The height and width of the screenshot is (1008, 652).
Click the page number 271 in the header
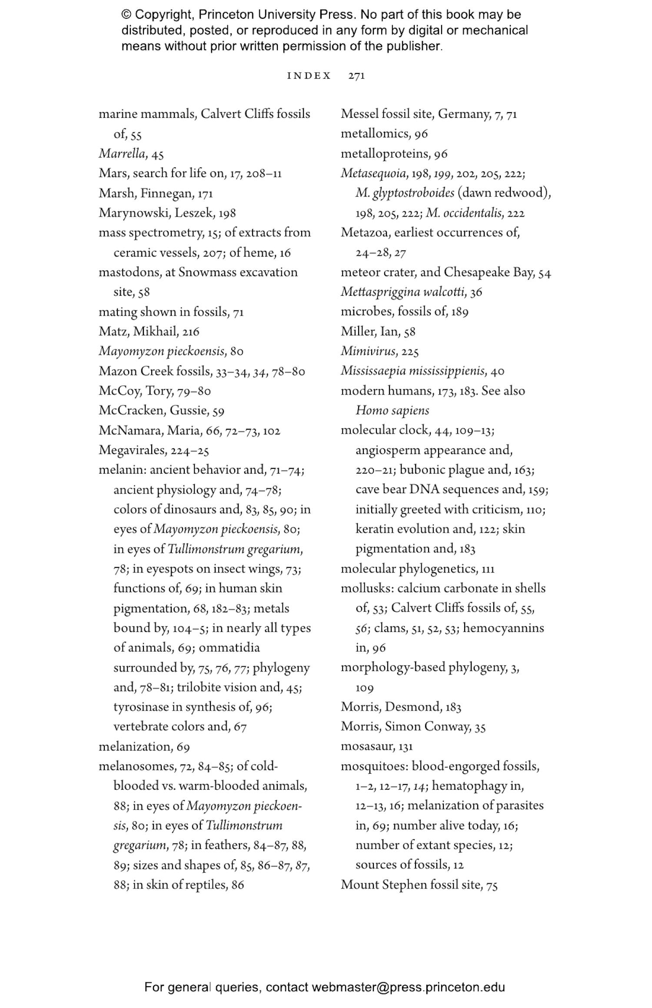pyautogui.click(x=356, y=76)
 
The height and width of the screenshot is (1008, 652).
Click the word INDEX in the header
pyautogui.click(x=309, y=76)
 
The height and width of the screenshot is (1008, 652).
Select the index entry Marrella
pyautogui.click(x=122, y=154)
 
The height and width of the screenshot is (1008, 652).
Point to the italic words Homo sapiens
pyautogui.click(x=392, y=411)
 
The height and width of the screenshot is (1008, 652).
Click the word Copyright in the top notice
pyautogui.click(x=164, y=15)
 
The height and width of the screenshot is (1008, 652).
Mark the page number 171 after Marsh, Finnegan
pyautogui.click(x=205, y=194)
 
